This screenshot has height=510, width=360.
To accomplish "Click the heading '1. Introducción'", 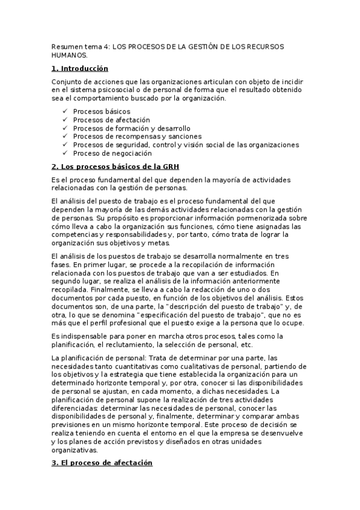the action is (79, 69).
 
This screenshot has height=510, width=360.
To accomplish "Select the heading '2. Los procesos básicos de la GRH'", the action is (115, 166).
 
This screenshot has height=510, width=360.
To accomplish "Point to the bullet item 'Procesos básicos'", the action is (101, 111).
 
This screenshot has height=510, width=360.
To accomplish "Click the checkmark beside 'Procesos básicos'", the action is (65, 111).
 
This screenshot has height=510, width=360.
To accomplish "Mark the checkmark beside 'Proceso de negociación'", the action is (65, 153).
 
